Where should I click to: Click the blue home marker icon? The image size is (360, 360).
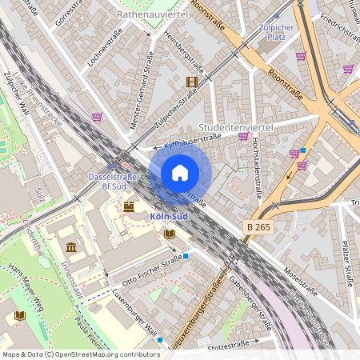tap(180, 172)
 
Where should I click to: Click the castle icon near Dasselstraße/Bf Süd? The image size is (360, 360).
tap(129, 206)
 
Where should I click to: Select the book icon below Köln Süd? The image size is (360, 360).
tap(170, 234)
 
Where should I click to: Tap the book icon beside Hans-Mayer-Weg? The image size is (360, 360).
tap(20, 315)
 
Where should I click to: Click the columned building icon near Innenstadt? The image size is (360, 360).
tap(71, 247)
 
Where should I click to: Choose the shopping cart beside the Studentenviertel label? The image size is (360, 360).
tap(242, 137)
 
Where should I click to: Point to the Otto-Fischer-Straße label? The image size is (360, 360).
tap(152, 270)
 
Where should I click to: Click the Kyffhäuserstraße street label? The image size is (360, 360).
tap(192, 142)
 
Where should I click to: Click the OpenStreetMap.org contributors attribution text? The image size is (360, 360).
tap(104, 354)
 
